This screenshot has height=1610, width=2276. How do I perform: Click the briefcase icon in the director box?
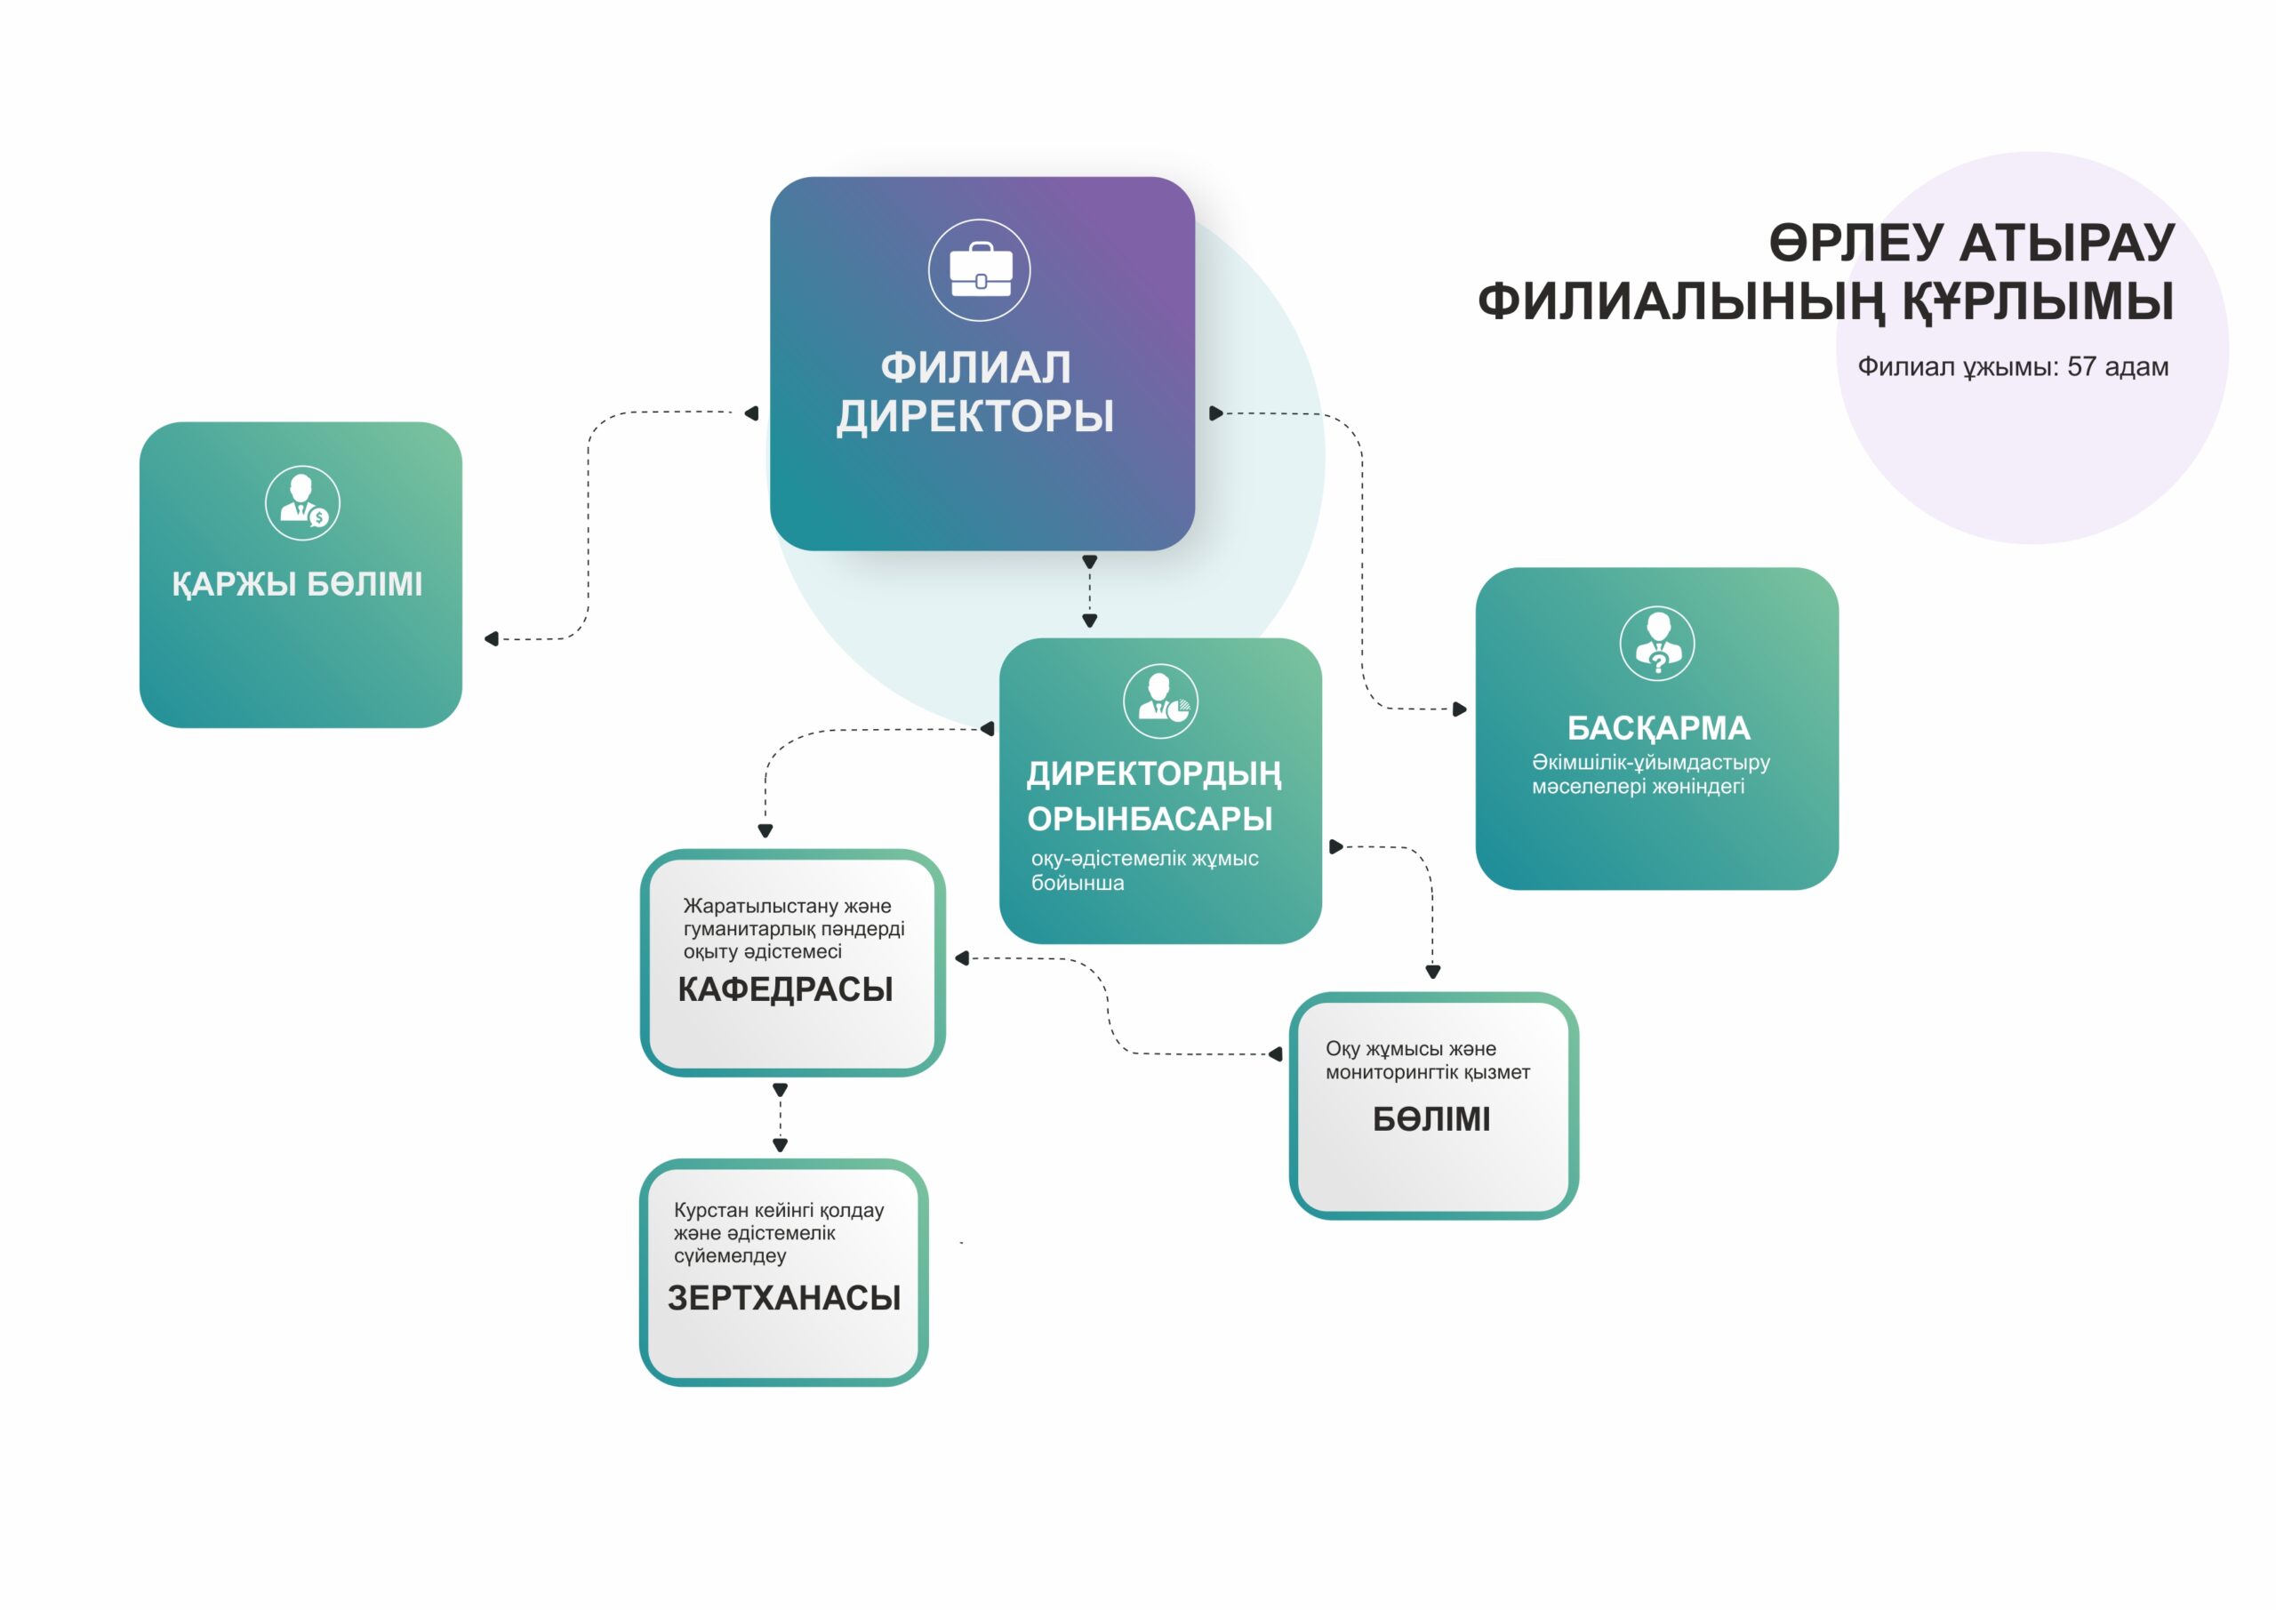point(980,269)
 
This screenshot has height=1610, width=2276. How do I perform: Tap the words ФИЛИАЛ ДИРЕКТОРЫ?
point(975,391)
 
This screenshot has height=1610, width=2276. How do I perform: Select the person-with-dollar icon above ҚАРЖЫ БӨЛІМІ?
point(302,502)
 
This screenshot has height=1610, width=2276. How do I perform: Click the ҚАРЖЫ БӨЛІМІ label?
point(297,584)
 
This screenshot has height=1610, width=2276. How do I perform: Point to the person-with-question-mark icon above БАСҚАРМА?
point(1656,643)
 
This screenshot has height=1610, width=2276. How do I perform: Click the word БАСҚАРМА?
point(1658,728)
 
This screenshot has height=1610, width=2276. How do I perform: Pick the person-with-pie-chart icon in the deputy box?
point(1160,701)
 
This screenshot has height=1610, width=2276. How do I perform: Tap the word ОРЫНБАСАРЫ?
point(1150,819)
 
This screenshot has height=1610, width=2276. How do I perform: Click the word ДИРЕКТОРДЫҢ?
point(1154,774)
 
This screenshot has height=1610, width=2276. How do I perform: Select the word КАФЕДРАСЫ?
point(785,989)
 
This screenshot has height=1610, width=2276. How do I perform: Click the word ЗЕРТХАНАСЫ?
point(784,1298)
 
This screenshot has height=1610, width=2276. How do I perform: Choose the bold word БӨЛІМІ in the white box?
point(1431,1119)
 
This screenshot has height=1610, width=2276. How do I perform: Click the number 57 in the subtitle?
point(2081,367)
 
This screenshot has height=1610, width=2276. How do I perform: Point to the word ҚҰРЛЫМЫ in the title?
point(2037,301)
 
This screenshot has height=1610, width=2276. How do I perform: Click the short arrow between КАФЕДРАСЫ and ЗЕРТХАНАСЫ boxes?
point(780,1117)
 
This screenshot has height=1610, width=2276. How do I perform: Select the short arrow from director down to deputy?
point(1089,592)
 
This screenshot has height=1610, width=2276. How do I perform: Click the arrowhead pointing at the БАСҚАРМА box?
point(1460,709)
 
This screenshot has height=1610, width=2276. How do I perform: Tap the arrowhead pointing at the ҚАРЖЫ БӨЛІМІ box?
point(491,638)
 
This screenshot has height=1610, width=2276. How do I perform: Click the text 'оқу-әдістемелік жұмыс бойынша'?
point(1145,870)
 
